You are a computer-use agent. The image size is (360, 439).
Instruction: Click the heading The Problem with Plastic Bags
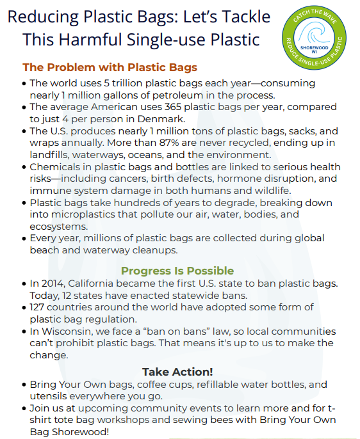pyautogui.click(x=110, y=67)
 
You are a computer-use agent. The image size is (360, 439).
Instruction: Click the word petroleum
pyautogui.click(x=189, y=95)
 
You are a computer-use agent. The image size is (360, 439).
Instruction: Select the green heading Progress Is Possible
pyautogui.click(x=177, y=271)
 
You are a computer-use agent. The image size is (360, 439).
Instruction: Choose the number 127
pyautogui.click(x=40, y=307)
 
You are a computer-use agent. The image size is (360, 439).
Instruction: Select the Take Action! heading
pyautogui.click(x=177, y=371)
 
